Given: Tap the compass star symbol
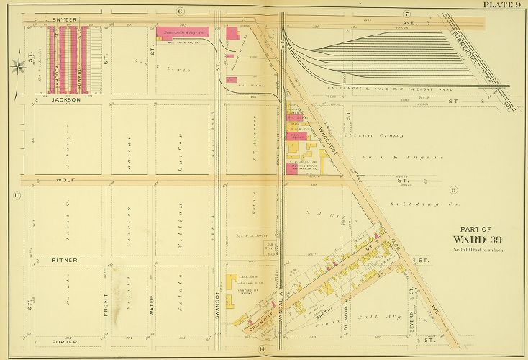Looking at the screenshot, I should (18, 68).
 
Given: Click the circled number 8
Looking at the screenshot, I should (454, 189).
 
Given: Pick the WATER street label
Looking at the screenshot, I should (152, 308).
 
